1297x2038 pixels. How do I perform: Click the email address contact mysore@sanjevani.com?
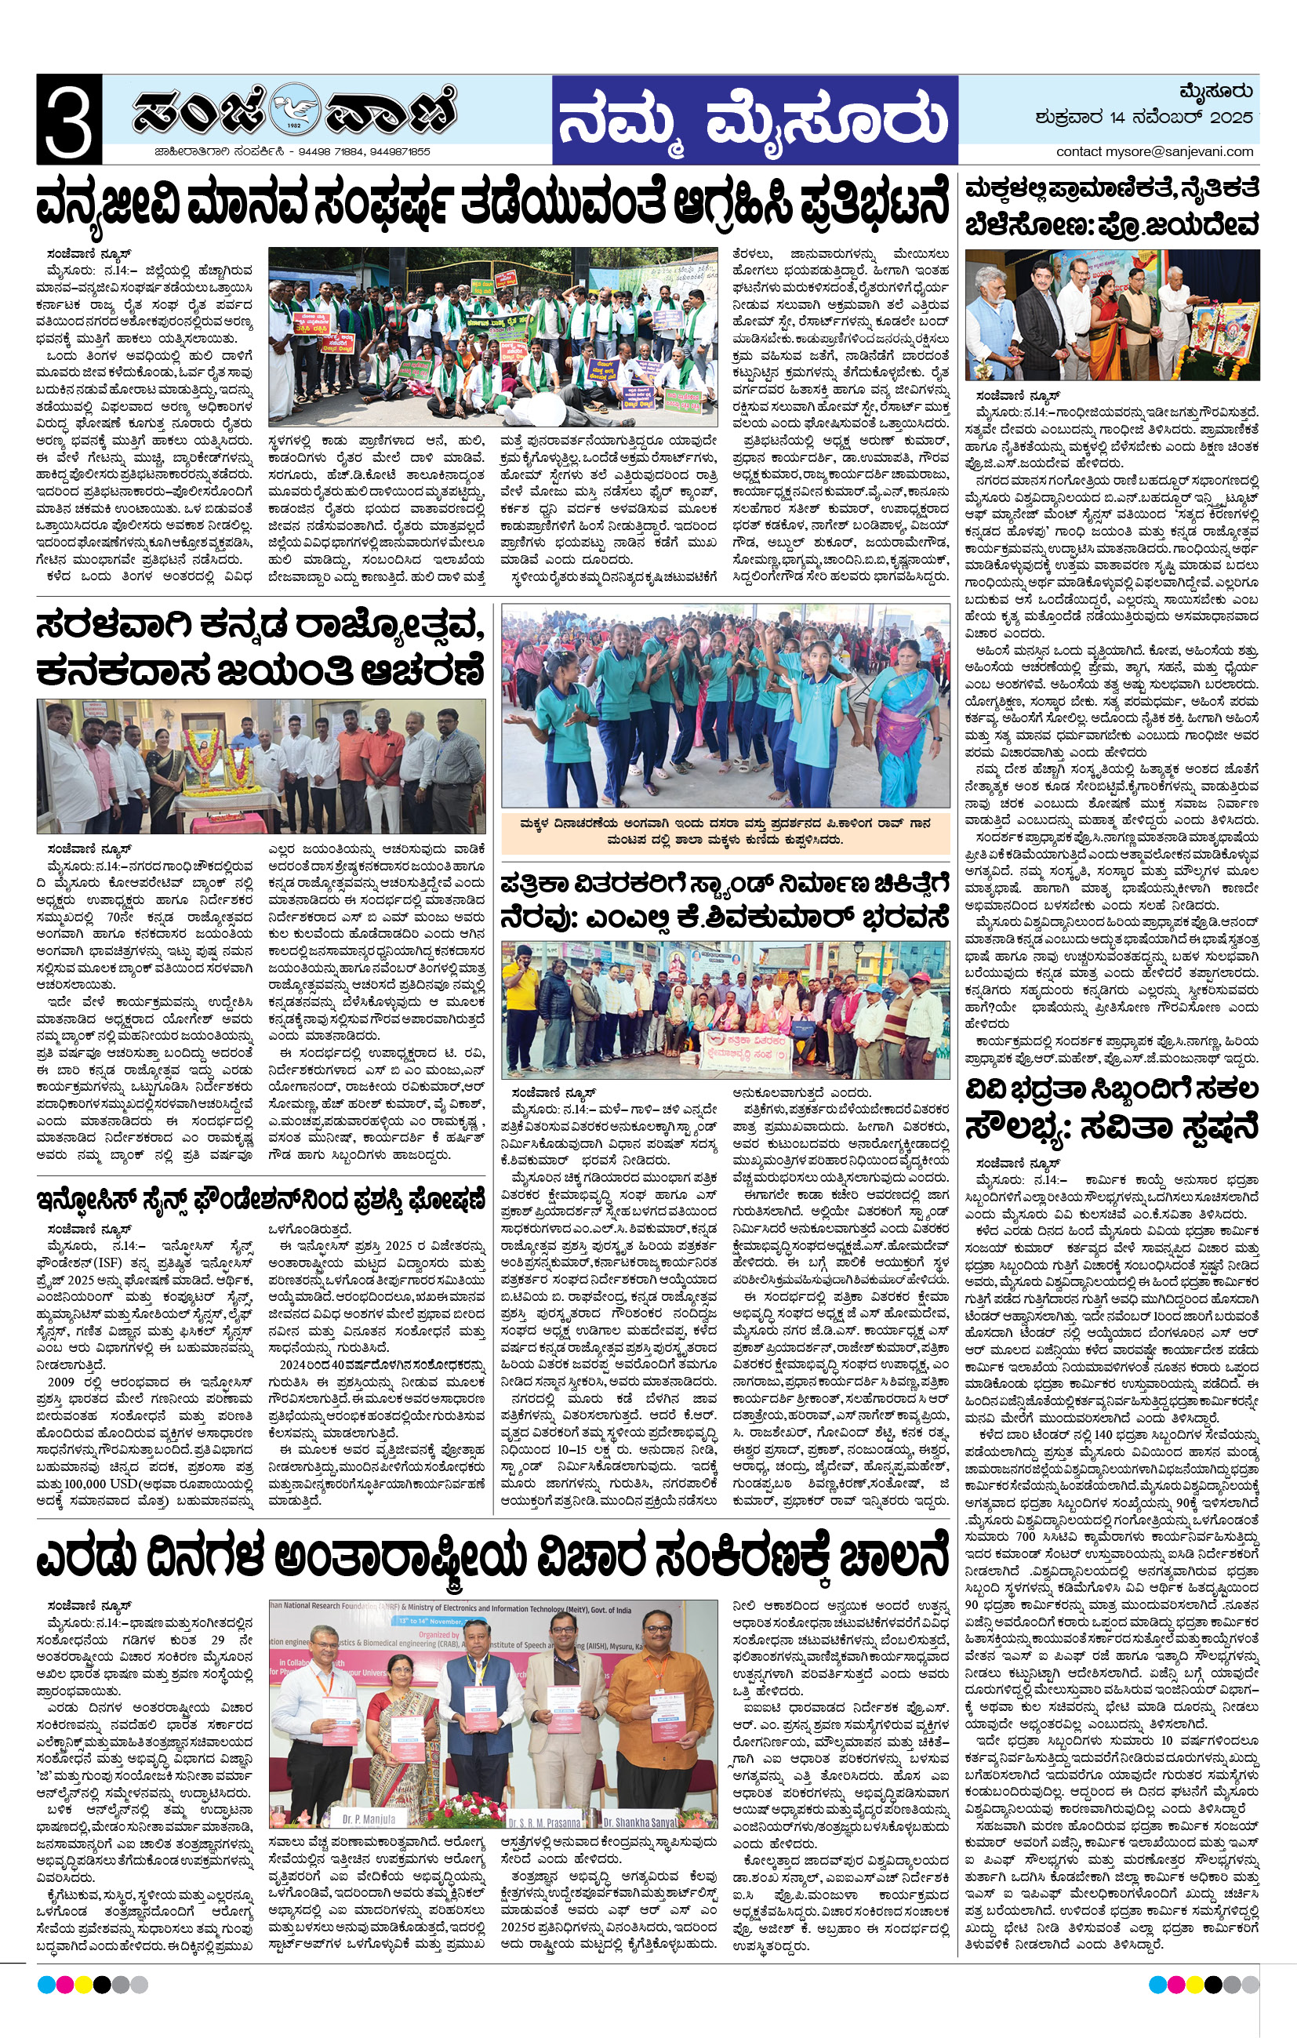coord(1154,151)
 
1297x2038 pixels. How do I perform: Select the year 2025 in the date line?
coord(1230,118)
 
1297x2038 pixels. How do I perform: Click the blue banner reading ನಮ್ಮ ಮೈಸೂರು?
coord(754,119)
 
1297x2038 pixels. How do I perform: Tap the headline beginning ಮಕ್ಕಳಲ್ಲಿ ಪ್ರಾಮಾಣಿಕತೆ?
coord(1112,205)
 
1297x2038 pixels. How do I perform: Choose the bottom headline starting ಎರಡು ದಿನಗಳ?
coord(491,1557)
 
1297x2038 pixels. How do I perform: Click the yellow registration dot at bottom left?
coord(83,1985)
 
